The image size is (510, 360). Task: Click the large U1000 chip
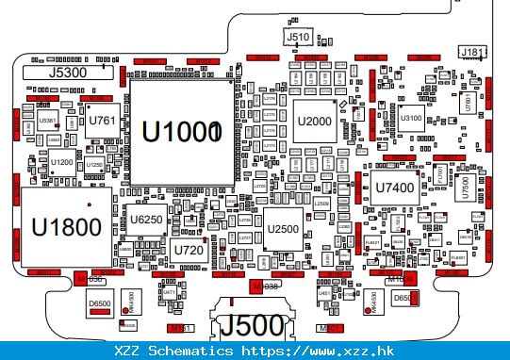pos(180,133)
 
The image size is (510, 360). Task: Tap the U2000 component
pos(314,121)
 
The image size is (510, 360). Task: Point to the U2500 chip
pos(283,229)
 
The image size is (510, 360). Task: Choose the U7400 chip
pos(394,188)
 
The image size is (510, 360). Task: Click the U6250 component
pos(147,220)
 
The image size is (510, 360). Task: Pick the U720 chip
pos(189,250)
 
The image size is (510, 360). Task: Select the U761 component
pos(102,121)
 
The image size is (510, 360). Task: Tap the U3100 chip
pos(411,119)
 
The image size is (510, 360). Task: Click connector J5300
pos(67,72)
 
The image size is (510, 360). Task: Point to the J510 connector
pos(297,38)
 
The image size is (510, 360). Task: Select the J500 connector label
pos(251,326)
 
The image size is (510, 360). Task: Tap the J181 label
pos(472,51)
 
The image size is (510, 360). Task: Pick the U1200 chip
pos(62,163)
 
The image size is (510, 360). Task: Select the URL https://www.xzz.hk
pos(316,351)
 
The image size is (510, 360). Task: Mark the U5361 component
pos(47,122)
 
